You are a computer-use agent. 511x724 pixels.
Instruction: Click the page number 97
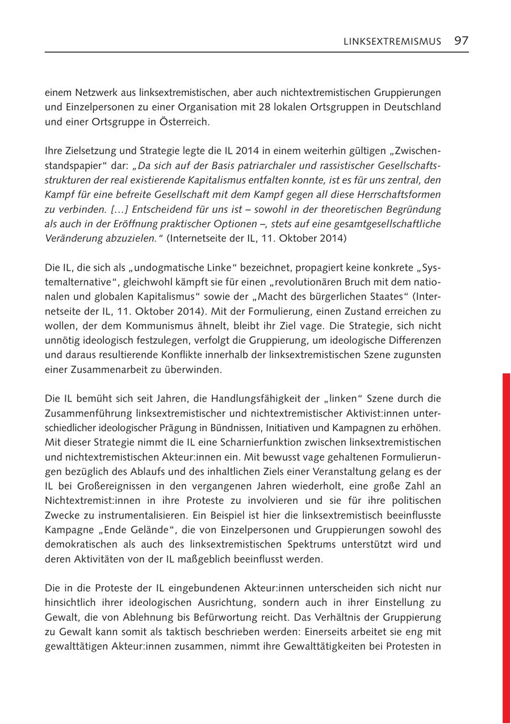pos(461,41)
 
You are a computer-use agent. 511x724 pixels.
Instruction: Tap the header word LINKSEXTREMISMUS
pos(392,41)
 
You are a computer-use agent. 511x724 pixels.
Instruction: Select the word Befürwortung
pos(301,617)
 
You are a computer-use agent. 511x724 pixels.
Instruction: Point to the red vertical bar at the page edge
pos(506,545)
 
